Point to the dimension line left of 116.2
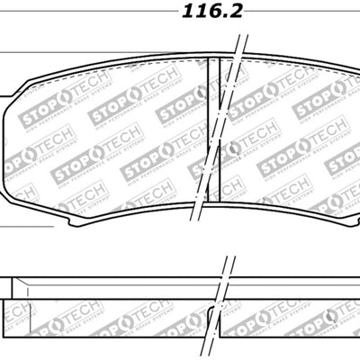pos(81,13)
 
